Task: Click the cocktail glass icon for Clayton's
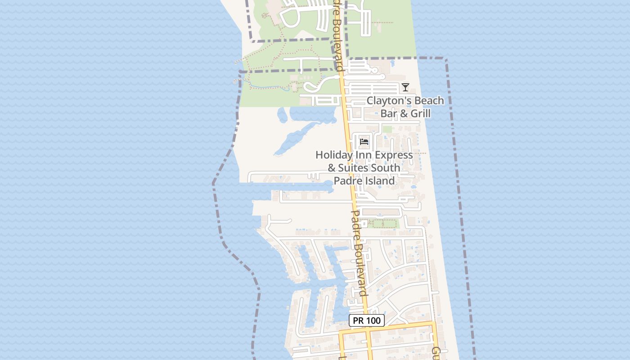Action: (405, 87)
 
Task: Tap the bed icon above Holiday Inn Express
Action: (364, 142)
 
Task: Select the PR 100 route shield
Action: (367, 321)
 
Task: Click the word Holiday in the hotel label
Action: (333, 155)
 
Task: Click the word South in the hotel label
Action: (385, 168)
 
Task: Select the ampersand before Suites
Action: (332, 168)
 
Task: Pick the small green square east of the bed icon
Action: (387, 130)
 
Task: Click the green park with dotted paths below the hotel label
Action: (383, 224)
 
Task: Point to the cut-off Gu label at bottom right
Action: (436, 352)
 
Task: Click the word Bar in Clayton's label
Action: (388, 113)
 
